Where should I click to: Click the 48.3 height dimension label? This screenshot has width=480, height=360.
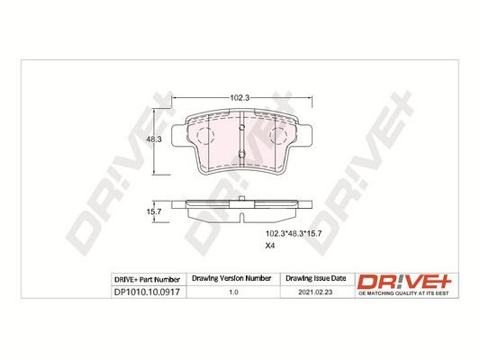pos(154,139)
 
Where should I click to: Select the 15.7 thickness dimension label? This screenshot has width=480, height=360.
pos(154,211)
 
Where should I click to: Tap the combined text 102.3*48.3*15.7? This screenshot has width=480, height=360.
pos(294,234)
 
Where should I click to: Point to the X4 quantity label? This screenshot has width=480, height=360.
pos(270,246)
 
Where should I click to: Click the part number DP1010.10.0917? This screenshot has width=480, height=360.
pos(147,292)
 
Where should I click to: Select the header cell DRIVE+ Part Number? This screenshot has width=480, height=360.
pos(147,280)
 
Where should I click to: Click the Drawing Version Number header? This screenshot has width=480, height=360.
pos(231,278)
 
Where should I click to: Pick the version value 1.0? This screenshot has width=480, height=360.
pos(233,292)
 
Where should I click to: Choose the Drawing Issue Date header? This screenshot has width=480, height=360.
pos(315,278)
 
